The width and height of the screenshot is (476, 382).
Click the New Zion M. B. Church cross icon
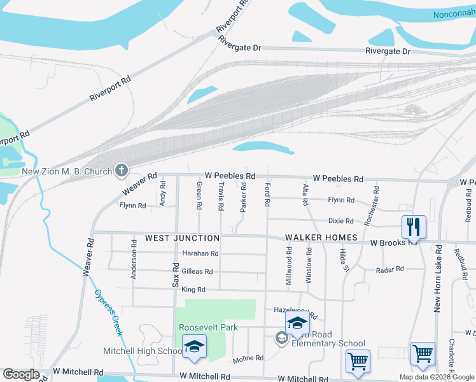121,170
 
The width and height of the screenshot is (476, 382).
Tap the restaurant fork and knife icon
413,225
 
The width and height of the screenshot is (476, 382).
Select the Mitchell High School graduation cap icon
194,346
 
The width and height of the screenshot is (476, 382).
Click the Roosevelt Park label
208,328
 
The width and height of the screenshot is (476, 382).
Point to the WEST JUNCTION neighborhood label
182,238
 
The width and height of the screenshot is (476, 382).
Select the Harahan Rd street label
200,253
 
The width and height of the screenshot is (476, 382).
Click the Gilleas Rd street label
197,271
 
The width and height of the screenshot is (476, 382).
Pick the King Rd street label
193,290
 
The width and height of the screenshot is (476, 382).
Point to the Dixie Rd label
340,221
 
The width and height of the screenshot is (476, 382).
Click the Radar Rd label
391,269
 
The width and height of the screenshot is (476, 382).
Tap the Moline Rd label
248,358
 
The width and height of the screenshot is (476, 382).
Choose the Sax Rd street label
176,274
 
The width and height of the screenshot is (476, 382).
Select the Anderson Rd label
134,259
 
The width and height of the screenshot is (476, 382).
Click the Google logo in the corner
21,374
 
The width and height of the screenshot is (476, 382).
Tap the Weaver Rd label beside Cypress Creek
88,257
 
